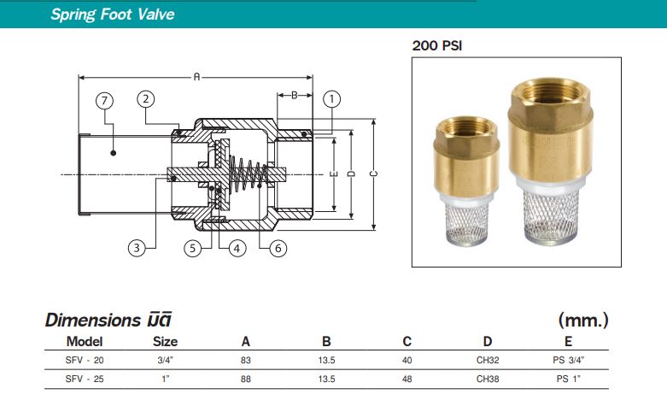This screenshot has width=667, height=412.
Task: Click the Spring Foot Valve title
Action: pyautogui.click(x=112, y=15)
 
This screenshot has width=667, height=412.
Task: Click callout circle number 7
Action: pyautogui.click(x=104, y=100)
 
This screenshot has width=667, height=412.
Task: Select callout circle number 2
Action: pyautogui.click(x=146, y=98)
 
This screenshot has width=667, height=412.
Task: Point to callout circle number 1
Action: pyautogui.click(x=331, y=98)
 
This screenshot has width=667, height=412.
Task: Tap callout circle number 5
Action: pyautogui.click(x=196, y=249)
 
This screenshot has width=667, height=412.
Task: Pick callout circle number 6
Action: pyautogui.click(x=278, y=249)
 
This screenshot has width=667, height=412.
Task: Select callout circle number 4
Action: pyautogui.click(x=237, y=249)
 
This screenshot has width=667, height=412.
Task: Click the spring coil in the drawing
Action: pyautogui.click(x=248, y=174)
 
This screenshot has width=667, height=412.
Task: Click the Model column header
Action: pyautogui.click(x=84, y=341)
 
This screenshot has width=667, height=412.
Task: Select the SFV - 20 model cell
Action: pyautogui.click(x=84, y=360)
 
